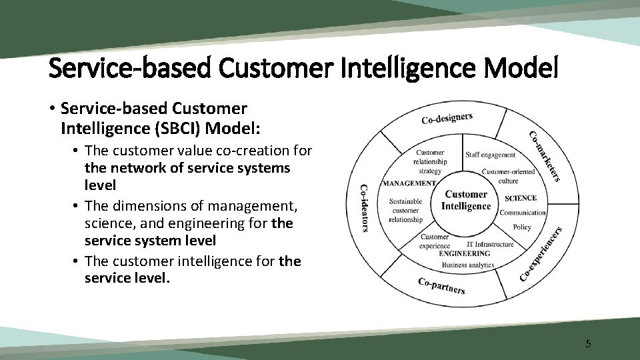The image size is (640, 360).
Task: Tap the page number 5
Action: [x=587, y=344]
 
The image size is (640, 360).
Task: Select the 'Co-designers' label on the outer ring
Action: [x=447, y=118]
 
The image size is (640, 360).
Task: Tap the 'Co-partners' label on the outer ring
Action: [x=441, y=285]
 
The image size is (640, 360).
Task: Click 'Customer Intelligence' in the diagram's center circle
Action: [x=466, y=200]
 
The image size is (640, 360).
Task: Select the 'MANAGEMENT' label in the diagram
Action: [x=409, y=183]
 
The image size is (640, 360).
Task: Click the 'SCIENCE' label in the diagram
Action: [x=521, y=198]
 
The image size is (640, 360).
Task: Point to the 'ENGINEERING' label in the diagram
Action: [x=465, y=253]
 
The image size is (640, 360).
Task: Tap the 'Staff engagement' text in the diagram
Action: [x=490, y=155]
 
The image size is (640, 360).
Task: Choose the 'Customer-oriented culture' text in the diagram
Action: [x=509, y=176]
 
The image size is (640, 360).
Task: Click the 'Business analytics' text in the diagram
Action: [x=468, y=265]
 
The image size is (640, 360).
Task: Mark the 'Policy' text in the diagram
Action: [x=522, y=227]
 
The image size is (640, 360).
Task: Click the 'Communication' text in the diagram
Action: [x=523, y=213]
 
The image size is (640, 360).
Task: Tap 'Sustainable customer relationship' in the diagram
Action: [x=405, y=210]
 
